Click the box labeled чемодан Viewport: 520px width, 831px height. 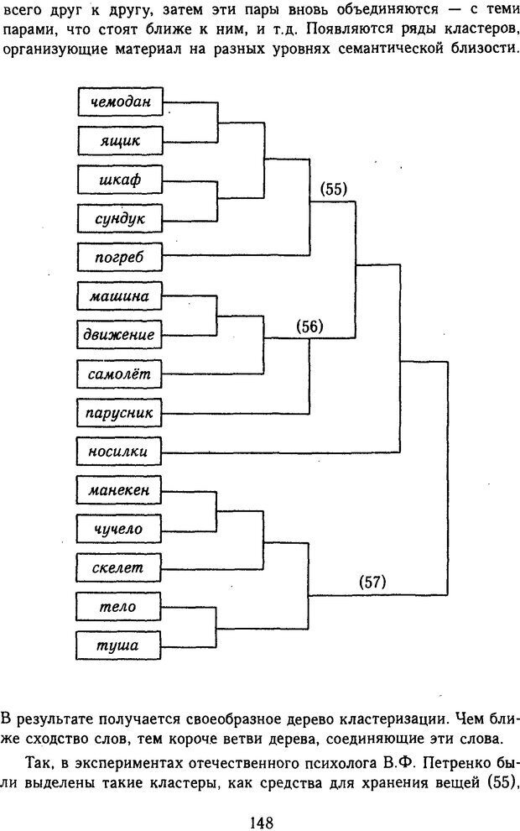click(119, 102)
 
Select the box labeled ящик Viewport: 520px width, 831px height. click(119, 141)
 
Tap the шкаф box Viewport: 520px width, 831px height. click(119, 180)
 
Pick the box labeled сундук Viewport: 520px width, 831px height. click(119, 219)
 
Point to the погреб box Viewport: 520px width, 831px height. click(119, 258)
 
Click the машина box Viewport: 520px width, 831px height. click(119, 296)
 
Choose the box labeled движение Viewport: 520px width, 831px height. click(119, 335)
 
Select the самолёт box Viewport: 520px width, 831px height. click(119, 374)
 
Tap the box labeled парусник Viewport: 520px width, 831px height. click(119, 413)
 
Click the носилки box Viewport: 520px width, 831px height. click(119, 452)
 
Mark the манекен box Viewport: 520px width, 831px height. click(119, 490)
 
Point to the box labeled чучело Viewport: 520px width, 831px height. click(119, 529)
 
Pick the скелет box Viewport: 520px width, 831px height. click(119, 568)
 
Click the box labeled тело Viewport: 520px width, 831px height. click(119, 607)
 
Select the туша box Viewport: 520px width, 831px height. click(119, 645)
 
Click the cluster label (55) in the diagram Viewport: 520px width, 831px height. click(334, 189)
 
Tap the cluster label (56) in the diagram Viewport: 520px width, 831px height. click(310, 327)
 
